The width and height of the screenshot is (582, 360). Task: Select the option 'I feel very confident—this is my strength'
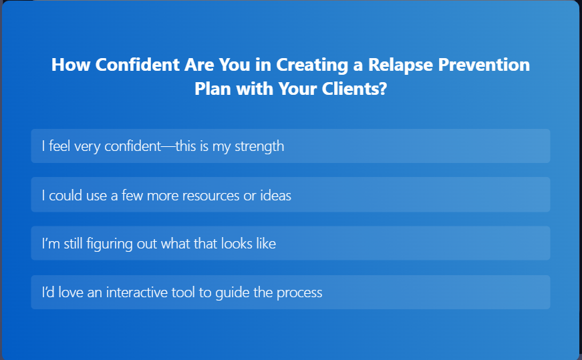[x=290, y=146]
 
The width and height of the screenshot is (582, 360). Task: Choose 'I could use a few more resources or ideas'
[x=290, y=195]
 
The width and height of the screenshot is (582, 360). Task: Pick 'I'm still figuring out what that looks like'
[x=290, y=244]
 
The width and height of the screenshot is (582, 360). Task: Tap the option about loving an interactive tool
[x=290, y=293]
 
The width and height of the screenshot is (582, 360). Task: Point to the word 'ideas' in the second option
[x=275, y=196]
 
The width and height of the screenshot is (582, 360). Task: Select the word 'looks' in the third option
[x=236, y=244]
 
